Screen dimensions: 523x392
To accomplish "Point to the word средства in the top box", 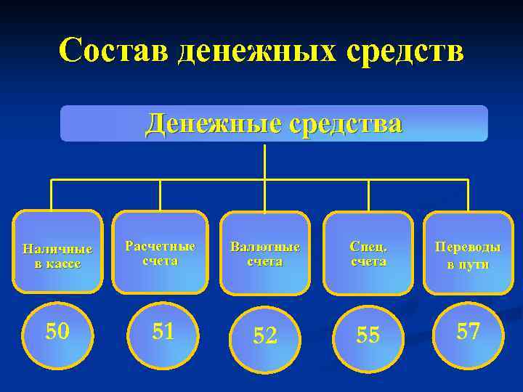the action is (342, 123).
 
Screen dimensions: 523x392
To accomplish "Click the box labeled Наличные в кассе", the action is (58, 252).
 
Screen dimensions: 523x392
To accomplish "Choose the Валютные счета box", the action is (264, 253).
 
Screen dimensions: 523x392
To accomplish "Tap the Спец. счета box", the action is (368, 253).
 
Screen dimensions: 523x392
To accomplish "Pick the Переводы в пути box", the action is (468, 252).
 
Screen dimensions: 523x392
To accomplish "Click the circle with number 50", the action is (58, 332).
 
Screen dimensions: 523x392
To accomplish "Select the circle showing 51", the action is (163, 332).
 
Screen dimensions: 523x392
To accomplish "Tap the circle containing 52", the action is (264, 335).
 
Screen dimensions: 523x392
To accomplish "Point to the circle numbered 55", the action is (368, 335).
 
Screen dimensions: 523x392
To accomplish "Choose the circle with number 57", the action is (468, 332).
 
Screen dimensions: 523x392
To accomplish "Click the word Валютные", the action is (264, 246).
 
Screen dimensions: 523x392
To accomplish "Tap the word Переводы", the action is (468, 246).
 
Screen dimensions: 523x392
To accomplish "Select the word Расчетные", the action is (161, 245).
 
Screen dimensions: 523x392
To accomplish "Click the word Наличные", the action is (58, 248).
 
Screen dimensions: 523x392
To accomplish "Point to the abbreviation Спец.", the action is (368, 246).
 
